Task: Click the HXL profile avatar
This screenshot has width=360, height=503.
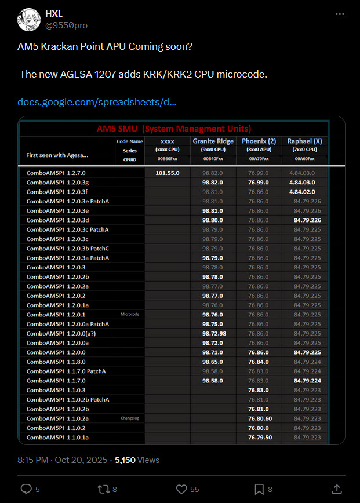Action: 28,19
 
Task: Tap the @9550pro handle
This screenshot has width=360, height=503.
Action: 66,25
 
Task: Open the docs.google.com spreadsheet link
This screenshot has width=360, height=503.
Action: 97,102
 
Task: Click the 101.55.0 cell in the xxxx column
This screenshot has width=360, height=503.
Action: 167,173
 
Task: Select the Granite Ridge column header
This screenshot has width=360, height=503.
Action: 213,141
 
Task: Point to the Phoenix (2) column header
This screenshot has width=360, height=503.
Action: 259,141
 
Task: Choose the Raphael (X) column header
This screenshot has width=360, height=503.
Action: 304,141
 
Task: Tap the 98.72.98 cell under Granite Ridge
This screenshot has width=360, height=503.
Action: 214,333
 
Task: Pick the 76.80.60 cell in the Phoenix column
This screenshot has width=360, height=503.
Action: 260,418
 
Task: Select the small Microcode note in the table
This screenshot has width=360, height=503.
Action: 130,314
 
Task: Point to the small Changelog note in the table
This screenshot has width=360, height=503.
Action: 130,418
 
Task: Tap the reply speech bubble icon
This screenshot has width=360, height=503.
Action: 26,489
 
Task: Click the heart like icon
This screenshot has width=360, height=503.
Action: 181,489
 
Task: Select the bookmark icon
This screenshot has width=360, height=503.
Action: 259,489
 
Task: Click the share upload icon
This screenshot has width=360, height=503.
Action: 337,489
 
